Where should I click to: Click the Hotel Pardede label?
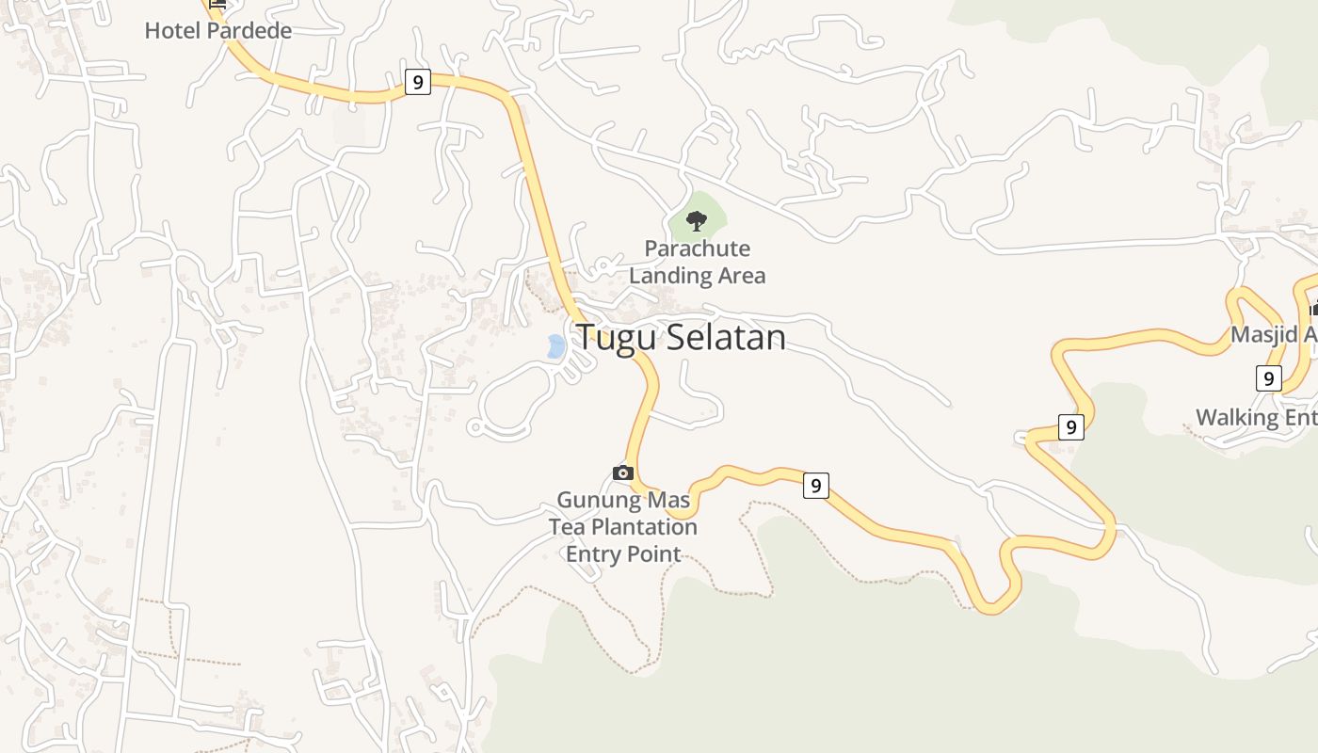click(x=217, y=30)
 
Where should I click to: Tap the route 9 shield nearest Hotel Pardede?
click(x=417, y=82)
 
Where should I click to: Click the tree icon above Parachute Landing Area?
click(x=697, y=221)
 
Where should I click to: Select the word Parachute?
click(x=698, y=249)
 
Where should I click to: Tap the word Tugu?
click(x=609, y=337)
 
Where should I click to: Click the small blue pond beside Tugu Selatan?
click(x=555, y=346)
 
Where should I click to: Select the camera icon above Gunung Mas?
click(x=622, y=473)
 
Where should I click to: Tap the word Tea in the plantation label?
click(x=567, y=527)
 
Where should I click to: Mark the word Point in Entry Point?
click(x=655, y=553)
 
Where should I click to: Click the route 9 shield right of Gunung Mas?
click(x=815, y=486)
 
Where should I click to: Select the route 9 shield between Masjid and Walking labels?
click(x=1268, y=378)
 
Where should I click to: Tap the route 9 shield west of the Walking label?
click(x=1070, y=426)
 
